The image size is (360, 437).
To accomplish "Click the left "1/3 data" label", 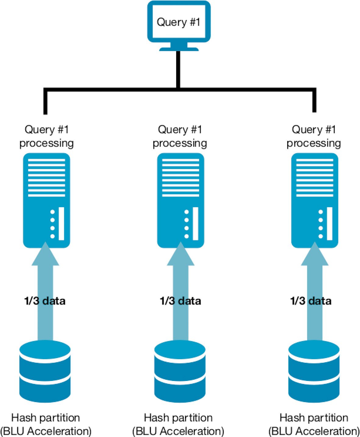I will [45, 301].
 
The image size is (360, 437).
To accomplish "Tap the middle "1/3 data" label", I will [180, 301].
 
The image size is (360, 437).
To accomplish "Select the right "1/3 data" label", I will [311, 301].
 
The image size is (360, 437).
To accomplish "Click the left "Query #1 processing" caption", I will [46, 136].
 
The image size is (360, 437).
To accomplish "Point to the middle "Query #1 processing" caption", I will [180, 136].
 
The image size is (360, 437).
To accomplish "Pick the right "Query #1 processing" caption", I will [314, 136].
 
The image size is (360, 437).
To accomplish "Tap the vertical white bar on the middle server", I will [195, 223].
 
